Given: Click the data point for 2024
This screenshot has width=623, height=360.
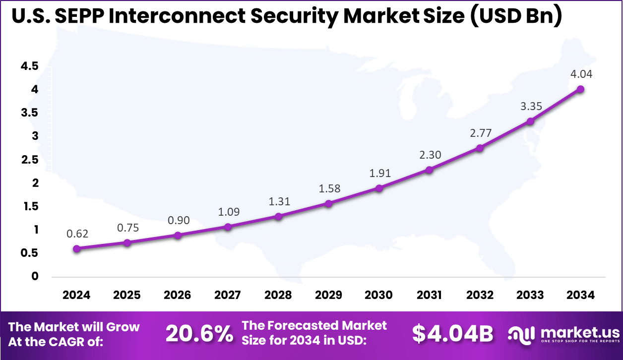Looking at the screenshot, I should coord(77,248).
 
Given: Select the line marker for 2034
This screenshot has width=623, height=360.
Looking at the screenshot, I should coord(580,89).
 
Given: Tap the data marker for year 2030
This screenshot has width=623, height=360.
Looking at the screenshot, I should coord(379,188).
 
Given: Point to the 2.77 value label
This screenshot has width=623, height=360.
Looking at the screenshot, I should coord(480,133).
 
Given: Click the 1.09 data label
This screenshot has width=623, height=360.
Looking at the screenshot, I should coord(228,212).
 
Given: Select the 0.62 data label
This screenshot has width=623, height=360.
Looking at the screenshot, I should coord(77,234).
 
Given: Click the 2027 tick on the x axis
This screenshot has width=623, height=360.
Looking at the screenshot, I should coord(228,295).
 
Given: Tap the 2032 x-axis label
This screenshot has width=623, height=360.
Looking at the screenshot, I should coord(480,295).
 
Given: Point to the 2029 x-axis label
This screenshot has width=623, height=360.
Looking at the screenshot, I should coord(328,295).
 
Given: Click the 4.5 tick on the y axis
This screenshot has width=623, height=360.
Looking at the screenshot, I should coord(29,66).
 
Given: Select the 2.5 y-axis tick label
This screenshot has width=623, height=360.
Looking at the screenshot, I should coord(29,160).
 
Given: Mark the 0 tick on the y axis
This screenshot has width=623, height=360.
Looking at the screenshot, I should coord(34,276).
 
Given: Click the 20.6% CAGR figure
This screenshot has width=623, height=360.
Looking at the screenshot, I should coord(199,334).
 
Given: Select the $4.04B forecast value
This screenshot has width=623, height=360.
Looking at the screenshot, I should coord(453,334).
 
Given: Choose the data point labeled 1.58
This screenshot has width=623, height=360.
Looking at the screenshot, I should coord(328,203).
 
